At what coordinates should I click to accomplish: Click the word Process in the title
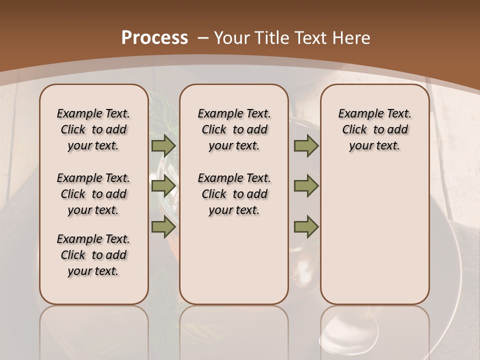pos(154,38)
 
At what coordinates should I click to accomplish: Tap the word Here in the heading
pos(351,38)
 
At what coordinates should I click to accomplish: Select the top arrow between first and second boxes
pos(163,145)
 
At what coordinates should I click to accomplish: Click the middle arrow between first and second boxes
pos(163,186)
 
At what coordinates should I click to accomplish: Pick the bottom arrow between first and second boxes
pos(163,226)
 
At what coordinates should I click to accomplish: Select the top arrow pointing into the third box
pos(306,145)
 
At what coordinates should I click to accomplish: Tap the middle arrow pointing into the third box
pos(306,186)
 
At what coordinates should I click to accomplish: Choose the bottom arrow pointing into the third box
pos(306,226)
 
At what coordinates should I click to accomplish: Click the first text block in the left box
pos(93,129)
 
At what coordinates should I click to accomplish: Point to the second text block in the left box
pos(93,194)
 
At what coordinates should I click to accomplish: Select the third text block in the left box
pos(93,255)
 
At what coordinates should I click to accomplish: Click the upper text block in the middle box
pos(234,129)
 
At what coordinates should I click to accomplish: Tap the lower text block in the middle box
pos(234,194)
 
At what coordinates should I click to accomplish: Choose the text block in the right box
pos(374,129)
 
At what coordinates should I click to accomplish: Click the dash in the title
pos(203,38)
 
